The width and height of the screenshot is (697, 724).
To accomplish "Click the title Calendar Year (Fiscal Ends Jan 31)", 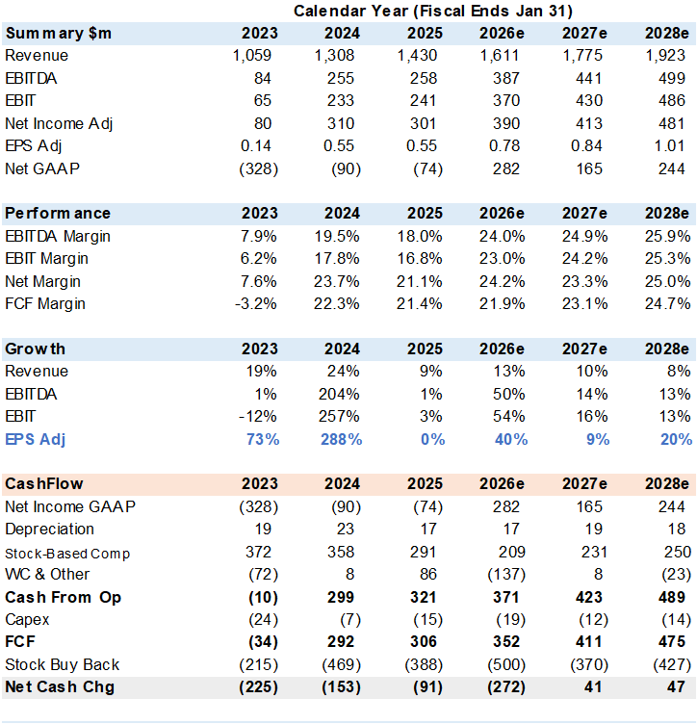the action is (433, 11).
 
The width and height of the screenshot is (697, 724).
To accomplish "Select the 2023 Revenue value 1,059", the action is (252, 56).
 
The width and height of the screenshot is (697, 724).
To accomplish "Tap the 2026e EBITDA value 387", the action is (505, 78).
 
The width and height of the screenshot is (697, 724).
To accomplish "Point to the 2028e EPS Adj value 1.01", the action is (669, 146).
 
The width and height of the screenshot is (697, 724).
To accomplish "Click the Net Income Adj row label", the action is (59, 124).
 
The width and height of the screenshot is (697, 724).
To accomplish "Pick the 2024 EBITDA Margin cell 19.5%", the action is (337, 237).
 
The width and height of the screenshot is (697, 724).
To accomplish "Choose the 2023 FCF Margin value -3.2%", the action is (256, 304).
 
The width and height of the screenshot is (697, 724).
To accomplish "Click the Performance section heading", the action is (58, 214).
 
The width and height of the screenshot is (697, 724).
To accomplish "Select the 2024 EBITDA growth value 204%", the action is (339, 395).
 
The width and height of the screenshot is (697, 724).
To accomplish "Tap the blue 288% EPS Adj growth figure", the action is (341, 439).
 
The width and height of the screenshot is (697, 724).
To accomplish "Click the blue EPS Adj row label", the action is (35, 439).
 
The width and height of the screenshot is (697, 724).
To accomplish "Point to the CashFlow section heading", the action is (44, 484).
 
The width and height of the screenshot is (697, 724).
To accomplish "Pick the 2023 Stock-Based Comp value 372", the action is (258, 552).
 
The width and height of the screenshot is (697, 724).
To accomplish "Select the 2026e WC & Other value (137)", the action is (506, 575).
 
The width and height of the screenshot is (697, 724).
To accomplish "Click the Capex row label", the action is (27, 620).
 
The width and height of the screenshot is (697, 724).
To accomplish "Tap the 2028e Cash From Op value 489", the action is (672, 597).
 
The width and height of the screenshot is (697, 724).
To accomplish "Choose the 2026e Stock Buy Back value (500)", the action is (506, 665).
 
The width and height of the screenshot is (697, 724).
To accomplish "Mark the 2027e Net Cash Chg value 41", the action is (593, 687).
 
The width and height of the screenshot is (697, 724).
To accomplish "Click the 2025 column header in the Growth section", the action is (425, 349).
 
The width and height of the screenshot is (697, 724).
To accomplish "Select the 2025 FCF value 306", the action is (424, 642).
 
